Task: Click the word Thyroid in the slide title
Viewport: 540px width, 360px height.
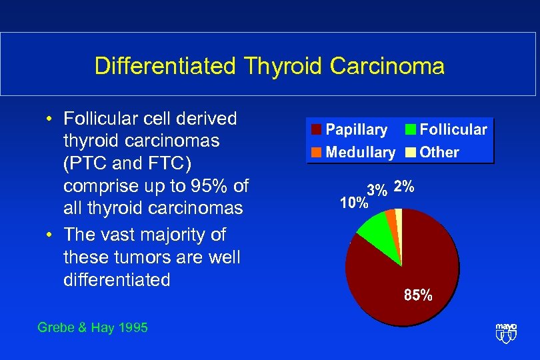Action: [273, 67]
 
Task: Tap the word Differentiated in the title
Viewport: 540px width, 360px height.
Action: [165, 67]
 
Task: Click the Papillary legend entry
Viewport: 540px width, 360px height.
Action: [349, 130]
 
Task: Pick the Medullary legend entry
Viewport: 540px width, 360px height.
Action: [353, 152]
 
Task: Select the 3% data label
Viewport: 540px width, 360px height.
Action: [377, 190]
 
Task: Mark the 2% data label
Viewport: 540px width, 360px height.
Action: [404, 187]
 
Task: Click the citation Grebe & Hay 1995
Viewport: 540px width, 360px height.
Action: [93, 327]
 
